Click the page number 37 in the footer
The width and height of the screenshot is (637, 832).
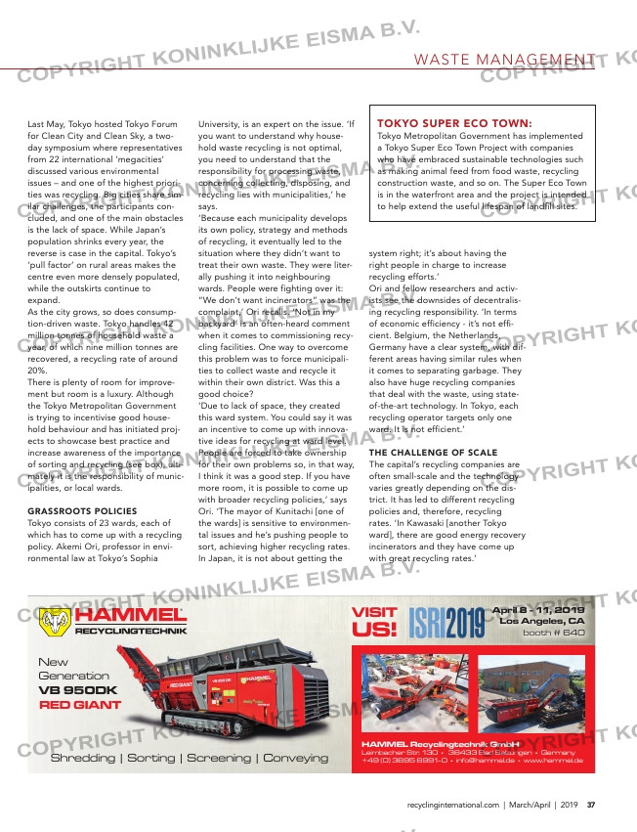(592, 805)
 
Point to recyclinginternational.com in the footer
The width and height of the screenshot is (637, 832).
(452, 805)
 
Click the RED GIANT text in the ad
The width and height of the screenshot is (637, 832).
(80, 704)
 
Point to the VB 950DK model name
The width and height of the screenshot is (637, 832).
(78, 689)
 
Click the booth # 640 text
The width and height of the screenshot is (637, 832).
(553, 633)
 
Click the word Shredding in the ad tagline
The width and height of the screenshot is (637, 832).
(83, 758)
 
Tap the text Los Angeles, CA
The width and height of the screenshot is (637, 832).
(542, 620)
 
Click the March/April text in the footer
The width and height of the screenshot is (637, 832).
(538, 805)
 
